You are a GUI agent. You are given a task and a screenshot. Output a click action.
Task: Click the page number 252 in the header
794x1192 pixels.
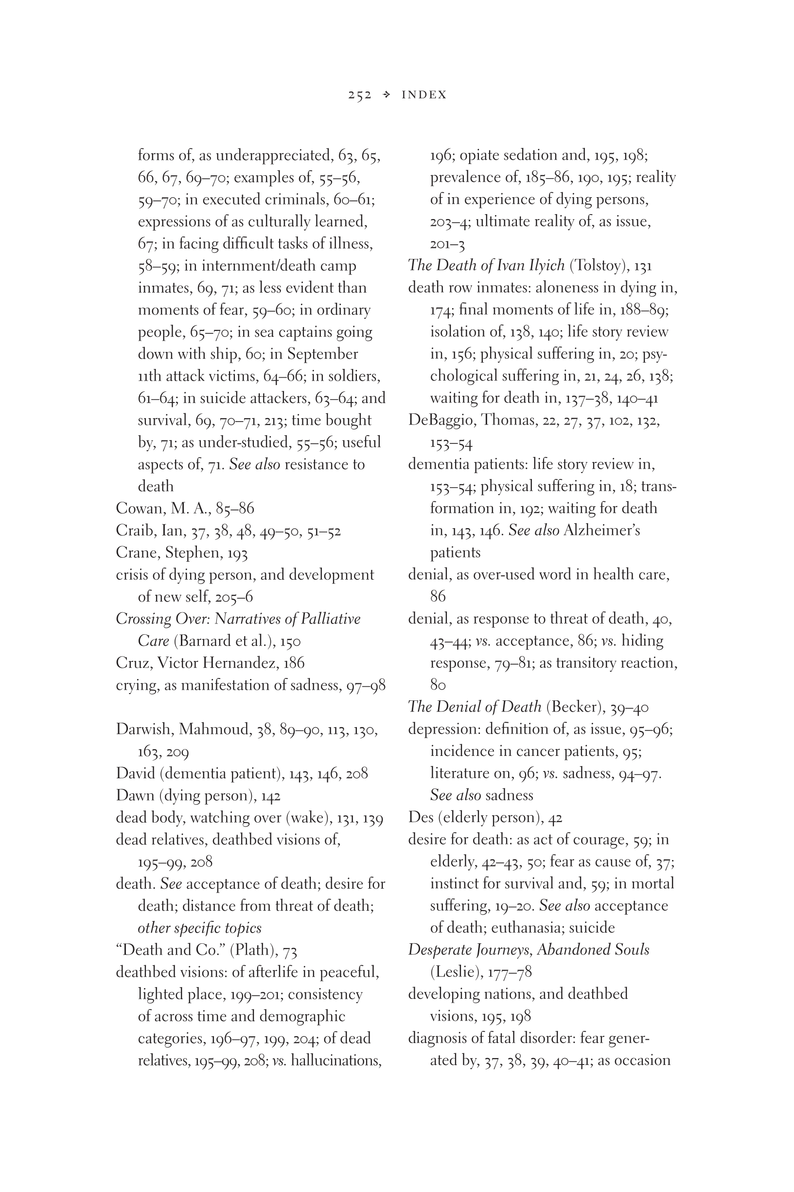359,95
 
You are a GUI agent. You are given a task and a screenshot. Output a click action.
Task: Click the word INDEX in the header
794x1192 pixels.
424,95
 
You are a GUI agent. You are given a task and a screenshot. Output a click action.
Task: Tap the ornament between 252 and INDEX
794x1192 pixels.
387,95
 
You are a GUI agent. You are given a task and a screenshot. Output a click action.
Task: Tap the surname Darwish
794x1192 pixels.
145,729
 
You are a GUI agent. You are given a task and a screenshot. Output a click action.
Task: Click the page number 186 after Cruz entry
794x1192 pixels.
294,663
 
